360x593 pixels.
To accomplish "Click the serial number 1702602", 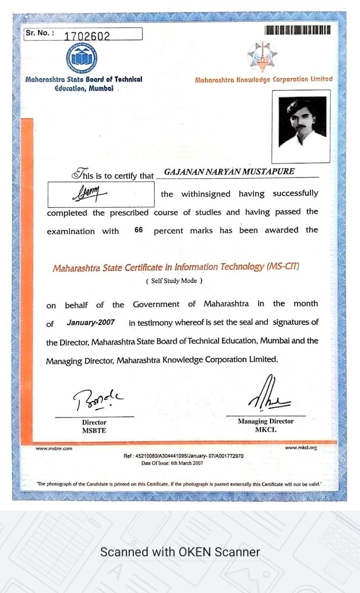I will [87, 36].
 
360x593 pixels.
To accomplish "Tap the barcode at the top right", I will [297, 30].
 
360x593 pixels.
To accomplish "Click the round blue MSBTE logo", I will [82, 58].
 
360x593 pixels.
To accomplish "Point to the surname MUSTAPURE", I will [269, 172].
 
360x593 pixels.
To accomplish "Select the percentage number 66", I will [139, 230].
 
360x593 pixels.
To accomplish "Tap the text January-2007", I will [91, 322].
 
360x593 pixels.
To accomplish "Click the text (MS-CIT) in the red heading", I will [283, 266].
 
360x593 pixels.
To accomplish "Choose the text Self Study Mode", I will [174, 281].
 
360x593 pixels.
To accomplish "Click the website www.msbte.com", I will [54, 448].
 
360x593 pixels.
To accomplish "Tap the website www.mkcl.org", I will [301, 448].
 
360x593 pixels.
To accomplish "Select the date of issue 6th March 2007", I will [187, 463].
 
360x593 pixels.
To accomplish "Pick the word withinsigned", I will [206, 194].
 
